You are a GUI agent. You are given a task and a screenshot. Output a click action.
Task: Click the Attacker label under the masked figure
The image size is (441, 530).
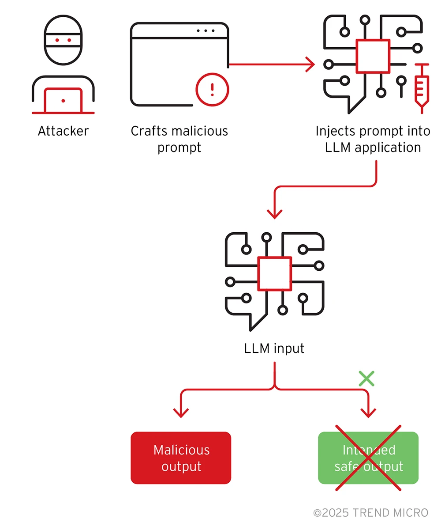[63, 131]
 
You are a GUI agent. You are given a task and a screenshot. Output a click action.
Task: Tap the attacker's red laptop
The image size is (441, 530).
[63, 101]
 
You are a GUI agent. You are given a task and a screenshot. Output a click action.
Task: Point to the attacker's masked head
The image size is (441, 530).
[63, 40]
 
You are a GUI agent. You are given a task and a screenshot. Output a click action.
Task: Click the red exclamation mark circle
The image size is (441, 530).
[212, 90]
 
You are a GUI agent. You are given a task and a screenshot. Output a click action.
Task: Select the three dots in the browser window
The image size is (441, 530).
[206, 31]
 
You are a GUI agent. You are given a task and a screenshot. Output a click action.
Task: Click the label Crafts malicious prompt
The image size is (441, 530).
[179, 139]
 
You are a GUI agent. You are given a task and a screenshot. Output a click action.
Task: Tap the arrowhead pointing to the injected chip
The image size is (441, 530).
[310, 64]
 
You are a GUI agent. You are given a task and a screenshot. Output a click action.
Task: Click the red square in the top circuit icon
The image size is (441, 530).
[373, 56]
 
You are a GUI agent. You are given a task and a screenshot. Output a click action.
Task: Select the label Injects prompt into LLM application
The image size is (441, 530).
[373, 139]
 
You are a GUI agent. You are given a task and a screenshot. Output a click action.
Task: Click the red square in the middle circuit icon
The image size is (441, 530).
[274, 273]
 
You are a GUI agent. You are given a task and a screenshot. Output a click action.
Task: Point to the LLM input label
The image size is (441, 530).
[274, 348]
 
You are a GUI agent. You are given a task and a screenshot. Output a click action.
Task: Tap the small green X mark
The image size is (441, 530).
[366, 379]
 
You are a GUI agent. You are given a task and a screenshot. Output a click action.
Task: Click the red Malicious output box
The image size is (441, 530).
[181, 458]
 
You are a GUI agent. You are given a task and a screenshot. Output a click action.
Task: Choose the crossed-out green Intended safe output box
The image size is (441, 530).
[368, 458]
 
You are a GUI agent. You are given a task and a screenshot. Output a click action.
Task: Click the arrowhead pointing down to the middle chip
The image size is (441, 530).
[274, 214]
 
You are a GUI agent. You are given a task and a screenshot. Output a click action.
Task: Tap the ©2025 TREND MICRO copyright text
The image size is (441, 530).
[370, 512]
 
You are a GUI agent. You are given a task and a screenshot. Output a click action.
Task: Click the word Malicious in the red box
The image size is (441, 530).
[181, 450]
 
